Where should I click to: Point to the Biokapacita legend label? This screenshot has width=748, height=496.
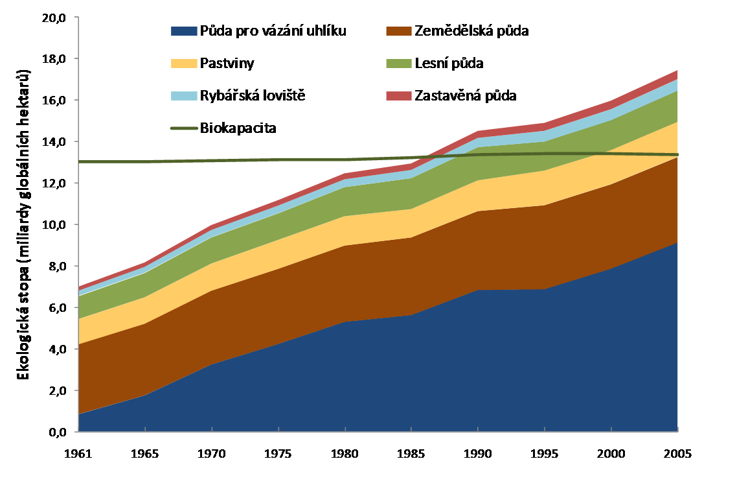(238, 128)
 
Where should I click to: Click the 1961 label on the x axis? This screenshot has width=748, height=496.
(78, 453)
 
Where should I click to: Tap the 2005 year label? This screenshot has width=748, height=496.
(677, 453)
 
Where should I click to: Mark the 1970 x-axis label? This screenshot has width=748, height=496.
(212, 453)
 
